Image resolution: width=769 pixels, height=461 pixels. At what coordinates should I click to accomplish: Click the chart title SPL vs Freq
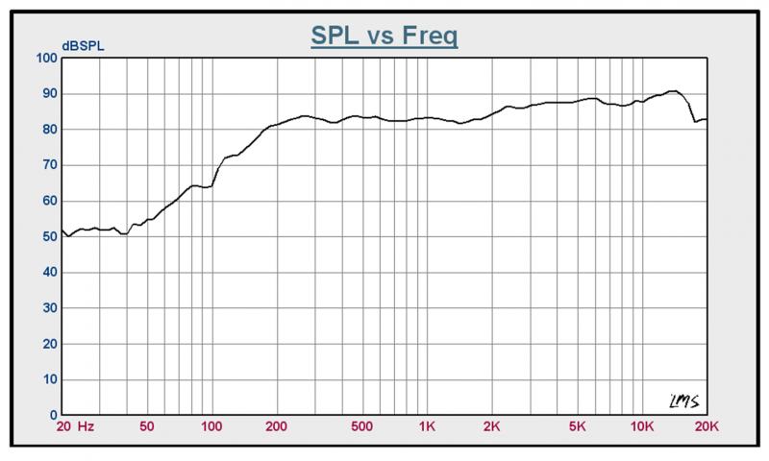[x=384, y=36]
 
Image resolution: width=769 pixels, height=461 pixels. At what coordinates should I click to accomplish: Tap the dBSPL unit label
[x=83, y=46]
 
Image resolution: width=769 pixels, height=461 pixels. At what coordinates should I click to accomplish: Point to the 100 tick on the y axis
[x=46, y=58]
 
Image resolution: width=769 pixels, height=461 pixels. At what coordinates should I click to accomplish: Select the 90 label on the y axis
[x=50, y=93]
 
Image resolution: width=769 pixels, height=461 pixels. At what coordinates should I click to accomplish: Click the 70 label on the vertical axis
[x=50, y=165]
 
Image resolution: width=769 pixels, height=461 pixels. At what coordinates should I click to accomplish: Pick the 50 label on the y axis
[x=50, y=236]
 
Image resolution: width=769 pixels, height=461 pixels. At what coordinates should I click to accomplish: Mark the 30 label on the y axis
[x=50, y=308]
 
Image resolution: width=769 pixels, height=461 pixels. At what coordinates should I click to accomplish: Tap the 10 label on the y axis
[x=50, y=379]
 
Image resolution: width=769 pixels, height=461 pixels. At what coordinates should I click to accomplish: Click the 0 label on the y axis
[x=54, y=415]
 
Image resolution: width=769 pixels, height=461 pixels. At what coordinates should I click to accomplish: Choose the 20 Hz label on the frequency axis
[x=75, y=426]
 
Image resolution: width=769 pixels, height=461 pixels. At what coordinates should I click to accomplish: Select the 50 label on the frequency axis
[x=147, y=426]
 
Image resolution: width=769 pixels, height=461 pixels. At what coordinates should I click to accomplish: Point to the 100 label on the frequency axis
[x=211, y=426]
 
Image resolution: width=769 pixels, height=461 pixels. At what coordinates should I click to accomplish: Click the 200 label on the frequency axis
[x=277, y=426]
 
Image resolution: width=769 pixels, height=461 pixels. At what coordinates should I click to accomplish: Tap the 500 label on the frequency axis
[x=362, y=426]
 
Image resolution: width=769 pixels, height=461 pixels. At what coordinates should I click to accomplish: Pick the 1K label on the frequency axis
[x=427, y=426]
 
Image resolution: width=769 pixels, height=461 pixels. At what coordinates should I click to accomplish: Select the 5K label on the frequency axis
[x=578, y=426]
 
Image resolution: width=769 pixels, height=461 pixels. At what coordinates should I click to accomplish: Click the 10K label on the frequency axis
[x=642, y=426]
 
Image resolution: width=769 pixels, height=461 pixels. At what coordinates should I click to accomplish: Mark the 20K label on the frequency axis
[x=707, y=426]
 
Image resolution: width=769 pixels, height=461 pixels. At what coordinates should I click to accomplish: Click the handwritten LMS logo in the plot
[x=684, y=401]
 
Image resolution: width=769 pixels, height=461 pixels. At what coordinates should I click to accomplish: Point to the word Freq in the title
[x=430, y=36]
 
